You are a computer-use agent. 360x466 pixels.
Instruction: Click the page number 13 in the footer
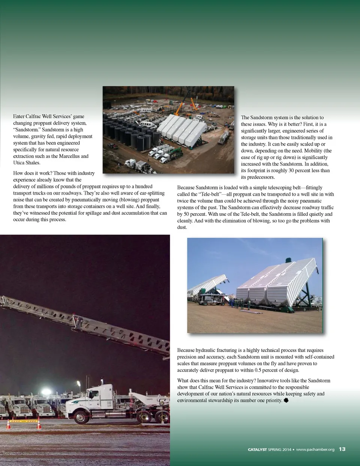coord(342,449)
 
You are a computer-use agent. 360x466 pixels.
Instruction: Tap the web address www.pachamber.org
coord(315,449)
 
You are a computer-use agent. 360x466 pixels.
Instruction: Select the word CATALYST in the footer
coord(257,449)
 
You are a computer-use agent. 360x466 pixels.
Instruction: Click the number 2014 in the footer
coord(286,449)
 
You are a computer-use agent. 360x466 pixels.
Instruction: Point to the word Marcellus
coord(69,156)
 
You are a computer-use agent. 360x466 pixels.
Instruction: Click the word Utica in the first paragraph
coord(19,163)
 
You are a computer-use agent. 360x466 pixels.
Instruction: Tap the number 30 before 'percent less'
coord(291,171)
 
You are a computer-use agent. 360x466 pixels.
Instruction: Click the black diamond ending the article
coord(286,400)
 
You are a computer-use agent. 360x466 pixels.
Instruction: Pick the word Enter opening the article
coord(19,116)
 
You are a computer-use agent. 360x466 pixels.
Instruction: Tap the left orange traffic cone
coord(8,424)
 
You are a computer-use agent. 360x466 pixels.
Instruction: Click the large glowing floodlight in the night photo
coord(46,392)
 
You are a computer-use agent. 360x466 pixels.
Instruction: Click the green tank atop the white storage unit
coord(288,260)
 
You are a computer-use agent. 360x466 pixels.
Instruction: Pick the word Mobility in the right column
coord(313,151)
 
